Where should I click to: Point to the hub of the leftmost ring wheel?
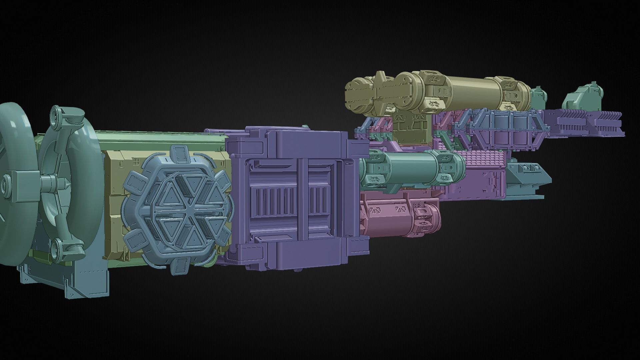tap(6, 184)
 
